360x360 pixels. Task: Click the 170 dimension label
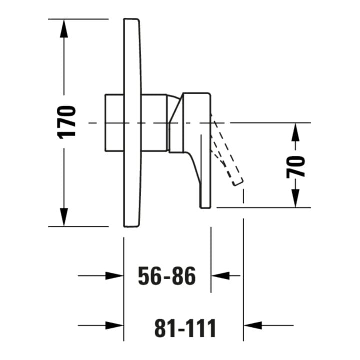[67, 122]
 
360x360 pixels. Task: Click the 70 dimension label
[296, 167]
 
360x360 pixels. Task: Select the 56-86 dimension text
[167, 276]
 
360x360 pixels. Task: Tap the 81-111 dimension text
[185, 328]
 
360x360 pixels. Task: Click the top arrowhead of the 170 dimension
[64, 28]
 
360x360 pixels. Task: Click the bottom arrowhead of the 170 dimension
[64, 217]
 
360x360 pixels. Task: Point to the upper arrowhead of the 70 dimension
[295, 132]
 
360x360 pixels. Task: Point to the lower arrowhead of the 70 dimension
[295, 198]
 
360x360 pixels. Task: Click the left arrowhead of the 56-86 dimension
[114, 275]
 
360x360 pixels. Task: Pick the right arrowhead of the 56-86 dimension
[220, 275]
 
